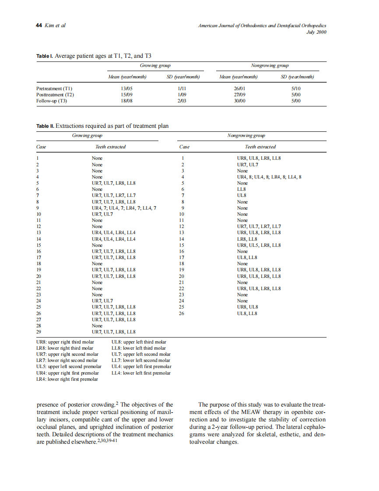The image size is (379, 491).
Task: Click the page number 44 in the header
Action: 39,26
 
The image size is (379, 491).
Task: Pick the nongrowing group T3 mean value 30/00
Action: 239,101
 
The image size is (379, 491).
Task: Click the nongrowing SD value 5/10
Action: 296,88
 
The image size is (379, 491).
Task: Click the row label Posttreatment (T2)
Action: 55,95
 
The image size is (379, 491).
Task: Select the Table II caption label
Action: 45,126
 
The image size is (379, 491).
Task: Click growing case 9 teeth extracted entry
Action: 124,208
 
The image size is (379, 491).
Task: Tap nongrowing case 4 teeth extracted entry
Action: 269,177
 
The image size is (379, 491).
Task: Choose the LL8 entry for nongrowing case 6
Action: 241,189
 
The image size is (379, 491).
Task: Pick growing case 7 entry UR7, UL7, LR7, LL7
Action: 113,196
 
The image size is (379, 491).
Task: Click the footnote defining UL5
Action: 69,367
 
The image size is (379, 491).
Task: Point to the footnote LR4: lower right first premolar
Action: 67,379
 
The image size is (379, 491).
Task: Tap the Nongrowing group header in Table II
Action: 246,136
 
